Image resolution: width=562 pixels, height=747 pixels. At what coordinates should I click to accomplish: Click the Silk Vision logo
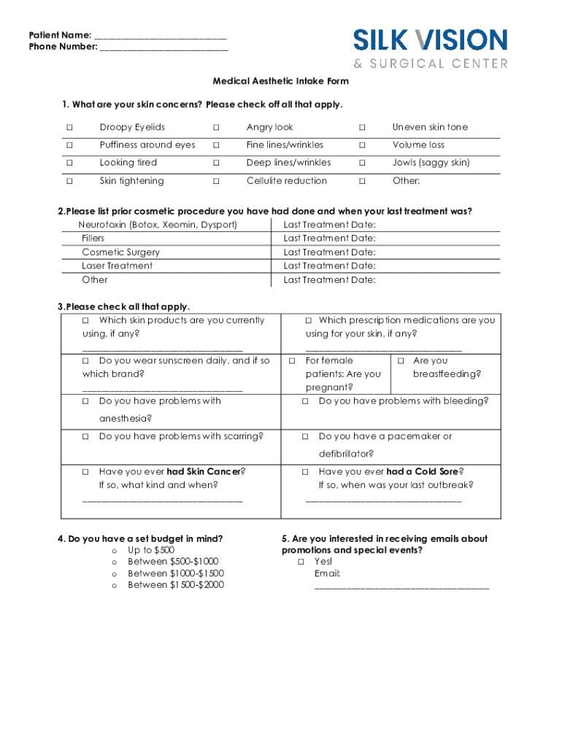[x=431, y=47]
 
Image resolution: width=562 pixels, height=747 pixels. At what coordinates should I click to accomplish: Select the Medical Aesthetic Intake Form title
[x=280, y=81]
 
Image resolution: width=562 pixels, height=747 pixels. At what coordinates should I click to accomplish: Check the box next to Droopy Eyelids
[x=70, y=128]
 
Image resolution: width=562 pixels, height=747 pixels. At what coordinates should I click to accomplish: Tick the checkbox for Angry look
[x=216, y=128]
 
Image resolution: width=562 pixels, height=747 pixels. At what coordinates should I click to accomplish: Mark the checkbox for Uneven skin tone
[x=361, y=128]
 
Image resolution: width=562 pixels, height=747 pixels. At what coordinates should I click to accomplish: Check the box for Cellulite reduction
[x=216, y=181]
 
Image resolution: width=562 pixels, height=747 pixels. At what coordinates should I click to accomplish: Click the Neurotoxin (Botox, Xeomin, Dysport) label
[x=158, y=225]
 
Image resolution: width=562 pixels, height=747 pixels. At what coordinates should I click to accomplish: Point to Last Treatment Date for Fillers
[x=329, y=239]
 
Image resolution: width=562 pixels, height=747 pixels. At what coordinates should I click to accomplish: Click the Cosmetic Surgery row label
[x=120, y=252]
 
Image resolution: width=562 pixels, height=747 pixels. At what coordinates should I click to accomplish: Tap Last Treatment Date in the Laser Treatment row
[x=329, y=266]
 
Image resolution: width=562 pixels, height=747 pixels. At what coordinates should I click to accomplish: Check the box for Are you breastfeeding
[x=401, y=361]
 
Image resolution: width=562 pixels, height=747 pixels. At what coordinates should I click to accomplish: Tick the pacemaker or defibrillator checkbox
[x=305, y=437]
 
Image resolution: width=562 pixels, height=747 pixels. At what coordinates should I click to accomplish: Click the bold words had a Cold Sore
[x=423, y=471]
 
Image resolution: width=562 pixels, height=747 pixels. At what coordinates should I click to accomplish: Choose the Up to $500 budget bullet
[x=115, y=551]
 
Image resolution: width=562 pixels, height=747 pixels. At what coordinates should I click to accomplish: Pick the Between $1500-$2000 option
[x=115, y=585]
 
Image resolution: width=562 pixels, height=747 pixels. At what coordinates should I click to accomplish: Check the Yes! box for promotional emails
[x=301, y=562]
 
